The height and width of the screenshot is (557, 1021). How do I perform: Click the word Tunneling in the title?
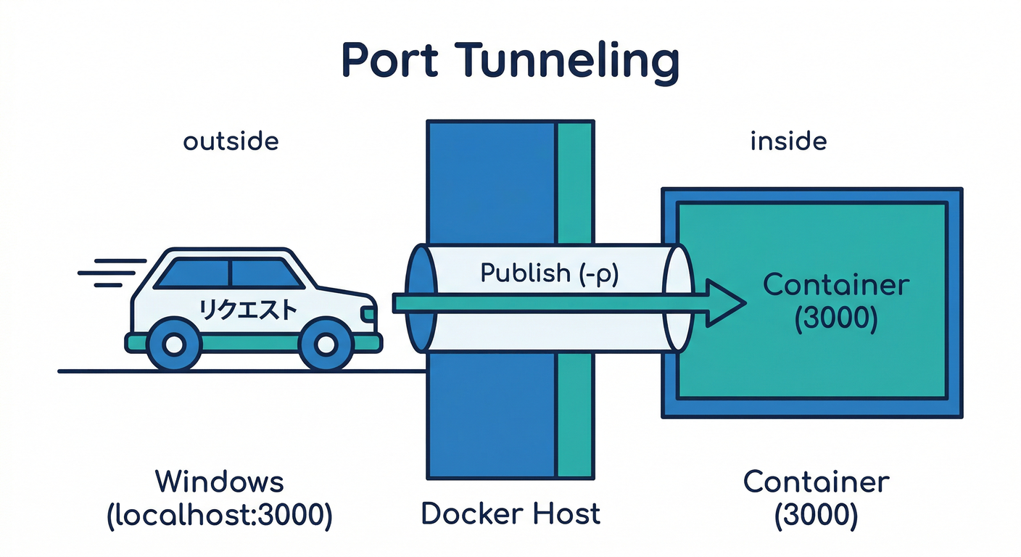pos(568,62)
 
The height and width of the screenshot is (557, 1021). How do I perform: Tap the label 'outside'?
pos(231,141)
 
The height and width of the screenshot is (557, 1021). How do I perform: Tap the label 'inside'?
pos(788,141)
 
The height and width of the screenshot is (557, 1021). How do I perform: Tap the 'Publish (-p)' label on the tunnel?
pos(549,273)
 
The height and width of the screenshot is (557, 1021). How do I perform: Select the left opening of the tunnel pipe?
pos(420,297)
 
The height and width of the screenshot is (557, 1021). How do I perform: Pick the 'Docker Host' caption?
pos(510,513)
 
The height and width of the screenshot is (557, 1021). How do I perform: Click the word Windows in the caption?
pos(220,482)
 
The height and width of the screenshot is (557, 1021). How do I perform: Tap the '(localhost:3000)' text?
pos(220,514)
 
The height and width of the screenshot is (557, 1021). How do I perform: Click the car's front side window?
pos(263,273)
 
